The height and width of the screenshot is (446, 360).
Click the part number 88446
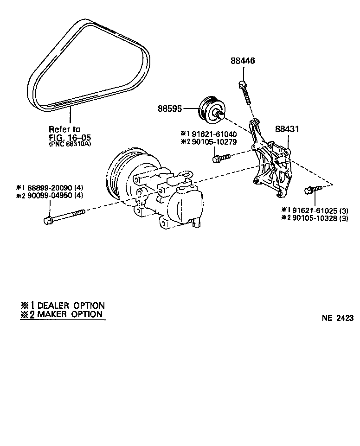click(x=243, y=61)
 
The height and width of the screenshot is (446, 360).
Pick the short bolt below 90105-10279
click(x=220, y=158)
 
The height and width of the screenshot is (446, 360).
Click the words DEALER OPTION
click(x=71, y=306)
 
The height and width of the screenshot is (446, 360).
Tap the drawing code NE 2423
click(x=338, y=318)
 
